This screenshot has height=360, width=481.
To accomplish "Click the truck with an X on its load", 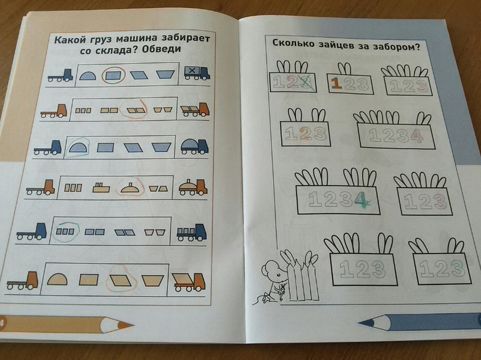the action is click(197, 73).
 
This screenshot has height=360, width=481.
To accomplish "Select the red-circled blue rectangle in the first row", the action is click(113, 76).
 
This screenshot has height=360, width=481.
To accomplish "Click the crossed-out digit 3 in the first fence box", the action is click(306, 82).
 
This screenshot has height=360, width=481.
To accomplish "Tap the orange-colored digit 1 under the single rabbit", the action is click(337, 84).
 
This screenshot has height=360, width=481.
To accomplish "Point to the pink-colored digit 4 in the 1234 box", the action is click(417, 136).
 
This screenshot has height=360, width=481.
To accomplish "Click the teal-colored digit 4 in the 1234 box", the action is click(361, 200).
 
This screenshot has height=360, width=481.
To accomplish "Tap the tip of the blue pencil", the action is click(360, 323).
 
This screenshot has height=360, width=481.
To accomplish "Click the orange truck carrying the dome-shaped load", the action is click(193, 188).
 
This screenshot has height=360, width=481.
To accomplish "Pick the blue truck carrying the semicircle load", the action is click(194, 146).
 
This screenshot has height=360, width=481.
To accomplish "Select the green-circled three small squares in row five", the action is click(65, 231).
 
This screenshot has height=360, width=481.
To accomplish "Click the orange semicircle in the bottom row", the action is click(57, 279).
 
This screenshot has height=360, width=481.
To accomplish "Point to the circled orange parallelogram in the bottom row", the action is click(121, 280).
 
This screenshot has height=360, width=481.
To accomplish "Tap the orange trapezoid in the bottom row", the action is click(152, 281).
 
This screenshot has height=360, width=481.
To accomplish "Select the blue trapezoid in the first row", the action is click(165, 74).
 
